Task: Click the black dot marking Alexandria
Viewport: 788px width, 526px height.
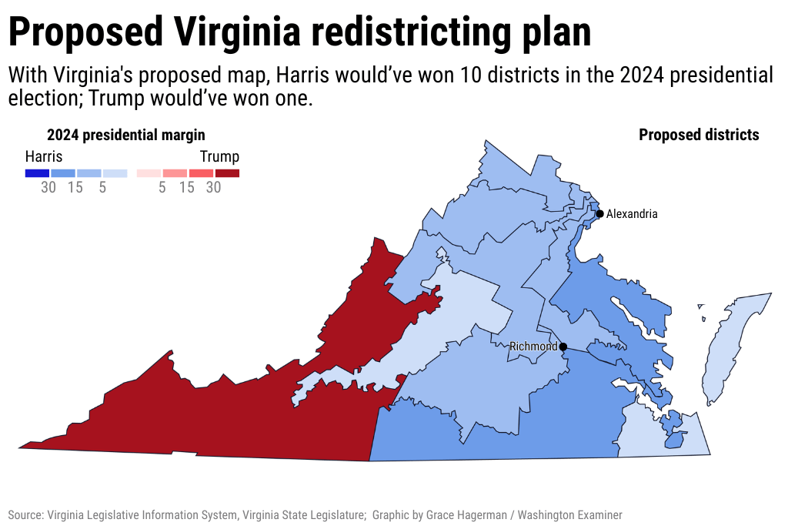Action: click(599, 213)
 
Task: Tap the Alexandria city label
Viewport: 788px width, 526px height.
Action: click(632, 214)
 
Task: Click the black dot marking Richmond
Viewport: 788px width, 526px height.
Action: click(563, 347)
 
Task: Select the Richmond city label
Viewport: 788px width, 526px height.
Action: click(533, 347)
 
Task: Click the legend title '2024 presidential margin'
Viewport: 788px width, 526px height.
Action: click(126, 135)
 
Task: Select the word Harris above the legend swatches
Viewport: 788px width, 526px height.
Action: click(44, 156)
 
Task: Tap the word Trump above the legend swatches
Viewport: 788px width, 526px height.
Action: click(219, 156)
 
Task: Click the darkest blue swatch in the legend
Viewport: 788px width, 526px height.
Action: click(37, 173)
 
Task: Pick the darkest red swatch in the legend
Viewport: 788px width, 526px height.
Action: click(227, 173)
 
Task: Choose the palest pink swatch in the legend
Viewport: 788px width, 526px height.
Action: click(149, 173)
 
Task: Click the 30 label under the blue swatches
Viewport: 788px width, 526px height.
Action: click(48, 187)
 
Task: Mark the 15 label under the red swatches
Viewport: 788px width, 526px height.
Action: click(187, 187)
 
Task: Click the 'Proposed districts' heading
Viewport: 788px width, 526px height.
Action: click(699, 135)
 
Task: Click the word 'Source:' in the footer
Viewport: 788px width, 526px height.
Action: click(25, 515)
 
